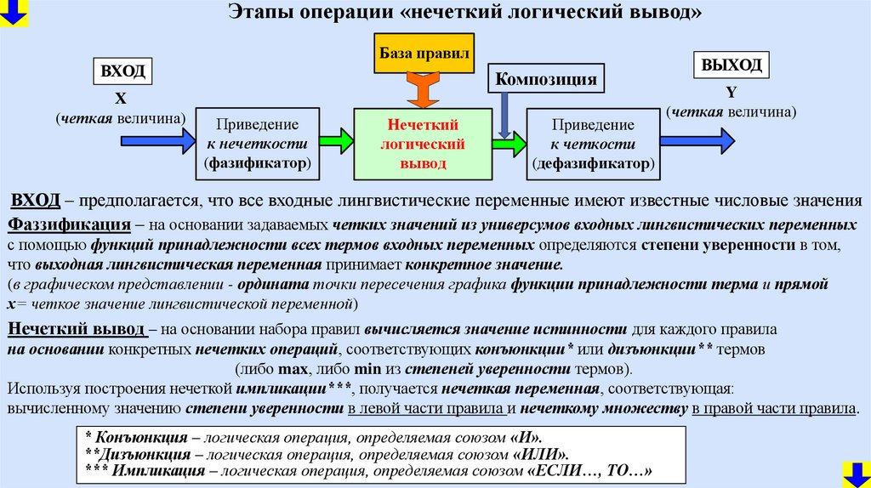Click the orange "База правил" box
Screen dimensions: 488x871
coord(422,53)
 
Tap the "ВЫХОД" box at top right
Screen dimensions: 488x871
coord(731,65)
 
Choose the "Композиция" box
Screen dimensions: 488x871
coord(545,79)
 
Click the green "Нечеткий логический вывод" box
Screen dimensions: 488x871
coord(423,144)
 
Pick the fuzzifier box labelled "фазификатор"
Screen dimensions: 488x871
coord(258,144)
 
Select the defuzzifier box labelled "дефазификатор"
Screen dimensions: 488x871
coord(592,144)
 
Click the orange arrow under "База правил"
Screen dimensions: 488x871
coord(422,88)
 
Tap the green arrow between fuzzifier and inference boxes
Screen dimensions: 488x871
coord(337,138)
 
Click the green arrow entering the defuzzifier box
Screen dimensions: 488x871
coord(510,145)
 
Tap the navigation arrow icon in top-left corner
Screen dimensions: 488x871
coord(14,11)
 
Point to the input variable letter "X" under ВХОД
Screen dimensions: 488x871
coord(121,97)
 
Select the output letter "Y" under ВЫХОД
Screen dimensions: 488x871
coord(731,92)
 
